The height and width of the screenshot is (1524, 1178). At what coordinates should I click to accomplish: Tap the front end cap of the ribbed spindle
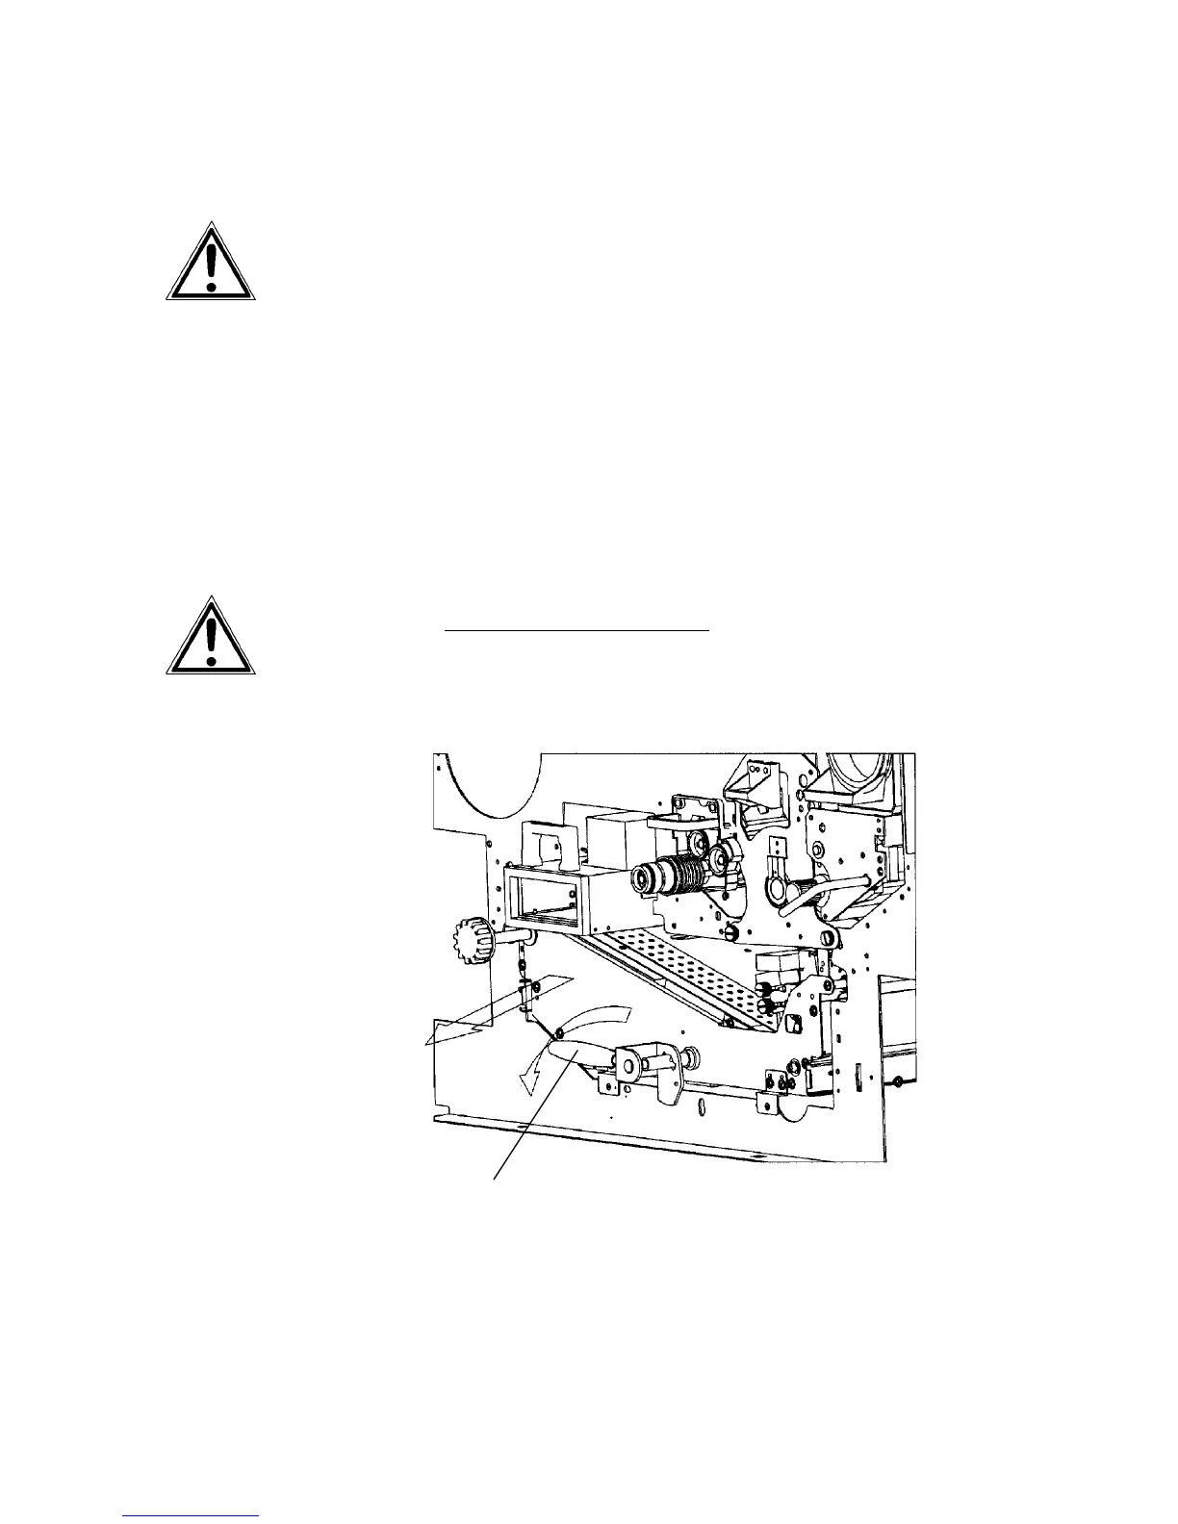tap(640, 878)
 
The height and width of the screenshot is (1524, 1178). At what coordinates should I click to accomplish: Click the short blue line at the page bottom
tap(192, 1517)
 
